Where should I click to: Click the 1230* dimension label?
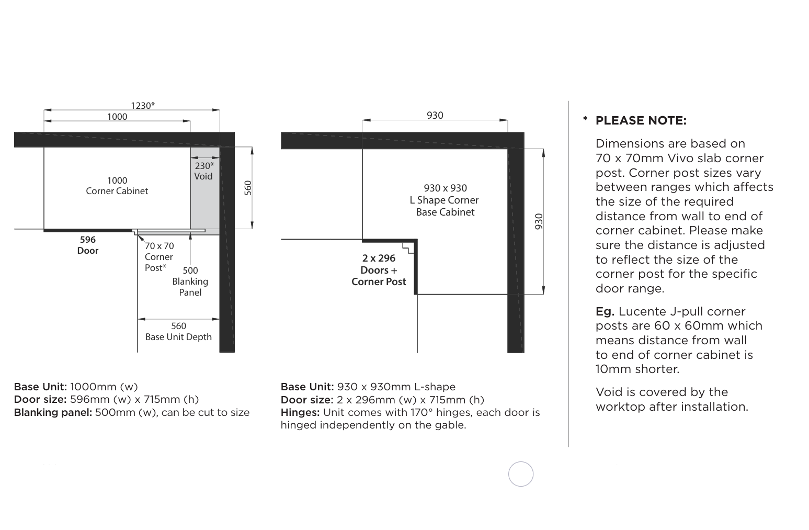pyautogui.click(x=142, y=105)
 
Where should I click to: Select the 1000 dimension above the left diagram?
pyautogui.click(x=117, y=117)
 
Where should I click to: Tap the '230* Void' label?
pyautogui.click(x=204, y=171)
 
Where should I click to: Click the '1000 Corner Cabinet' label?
pyautogui.click(x=117, y=186)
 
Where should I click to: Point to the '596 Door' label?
pyautogui.click(x=88, y=245)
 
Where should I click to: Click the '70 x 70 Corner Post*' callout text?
pyautogui.click(x=159, y=256)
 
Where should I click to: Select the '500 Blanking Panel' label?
pyautogui.click(x=190, y=281)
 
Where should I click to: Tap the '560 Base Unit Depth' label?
pyautogui.click(x=178, y=331)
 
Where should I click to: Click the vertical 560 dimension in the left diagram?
pyautogui.click(x=248, y=188)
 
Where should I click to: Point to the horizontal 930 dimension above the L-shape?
pyautogui.click(x=435, y=116)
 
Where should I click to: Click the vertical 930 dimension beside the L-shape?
pyautogui.click(x=539, y=221)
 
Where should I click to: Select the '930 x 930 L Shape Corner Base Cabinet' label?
pyautogui.click(x=445, y=200)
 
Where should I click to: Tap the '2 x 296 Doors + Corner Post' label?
pyautogui.click(x=379, y=270)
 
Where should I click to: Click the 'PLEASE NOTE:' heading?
pyautogui.click(x=641, y=120)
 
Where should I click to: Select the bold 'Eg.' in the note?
pyautogui.click(x=605, y=311)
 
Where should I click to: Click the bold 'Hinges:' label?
pyautogui.click(x=300, y=412)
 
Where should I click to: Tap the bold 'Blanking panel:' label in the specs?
pyautogui.click(x=53, y=412)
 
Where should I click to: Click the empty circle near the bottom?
pyautogui.click(x=521, y=474)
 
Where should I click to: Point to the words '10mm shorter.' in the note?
pyautogui.click(x=637, y=369)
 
